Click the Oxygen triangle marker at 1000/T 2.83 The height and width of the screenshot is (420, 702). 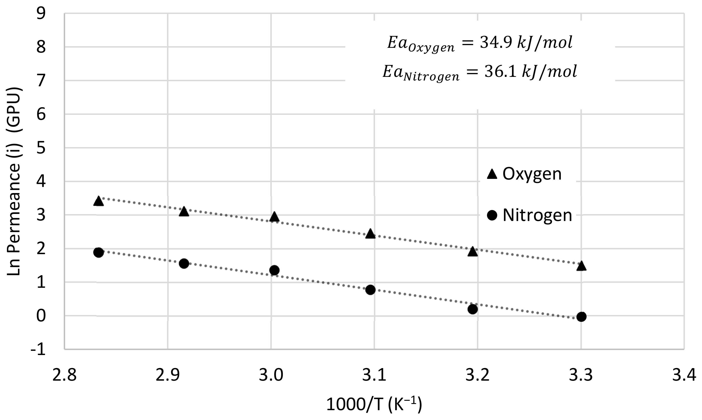98,202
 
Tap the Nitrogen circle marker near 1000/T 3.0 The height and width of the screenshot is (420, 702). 274,270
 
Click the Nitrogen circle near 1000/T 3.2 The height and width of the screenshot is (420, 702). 472,309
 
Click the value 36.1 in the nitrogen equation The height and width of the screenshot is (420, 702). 500,72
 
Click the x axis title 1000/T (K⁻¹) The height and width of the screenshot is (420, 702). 374,405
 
